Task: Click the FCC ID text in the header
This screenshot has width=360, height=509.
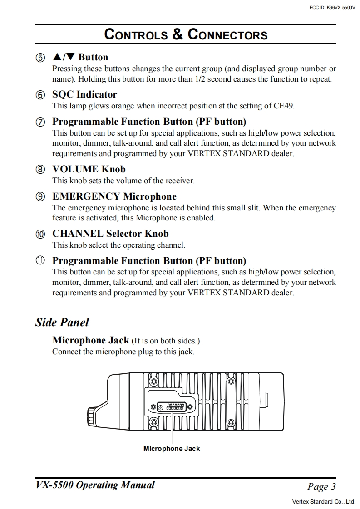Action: tap(332, 7)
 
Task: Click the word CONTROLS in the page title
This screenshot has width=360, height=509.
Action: tap(136, 34)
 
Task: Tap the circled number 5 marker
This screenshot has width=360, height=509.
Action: tap(40, 58)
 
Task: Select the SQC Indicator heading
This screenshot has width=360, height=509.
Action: tap(84, 94)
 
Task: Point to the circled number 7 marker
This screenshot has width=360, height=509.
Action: tap(40, 122)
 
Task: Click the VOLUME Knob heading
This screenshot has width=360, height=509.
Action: tap(89, 169)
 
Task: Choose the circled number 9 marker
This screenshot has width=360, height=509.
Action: tap(40, 197)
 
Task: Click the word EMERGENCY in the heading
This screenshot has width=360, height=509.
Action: tap(86, 196)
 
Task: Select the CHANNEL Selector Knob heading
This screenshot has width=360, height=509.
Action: tap(110, 234)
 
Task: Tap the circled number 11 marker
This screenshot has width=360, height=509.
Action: tap(40, 261)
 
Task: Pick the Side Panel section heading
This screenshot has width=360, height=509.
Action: tap(62, 323)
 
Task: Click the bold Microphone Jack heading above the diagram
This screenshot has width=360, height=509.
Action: tap(91, 340)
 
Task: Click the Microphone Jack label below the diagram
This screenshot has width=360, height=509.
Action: tap(172, 449)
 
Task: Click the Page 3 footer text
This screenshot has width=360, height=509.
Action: tap(321, 487)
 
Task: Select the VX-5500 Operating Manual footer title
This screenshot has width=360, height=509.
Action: tap(95, 485)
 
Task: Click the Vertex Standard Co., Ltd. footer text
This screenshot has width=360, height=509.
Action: tap(324, 502)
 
